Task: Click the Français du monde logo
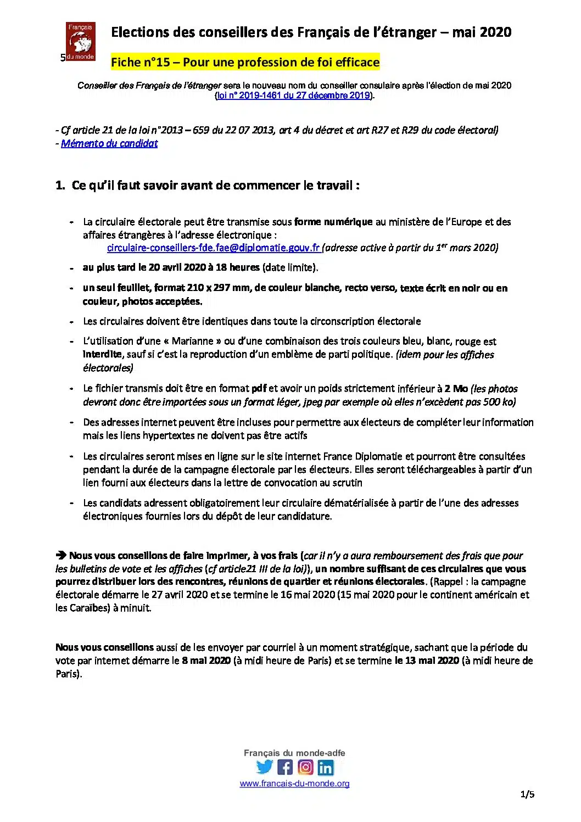pyautogui.click(x=81, y=41)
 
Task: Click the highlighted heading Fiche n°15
pyautogui.click(x=245, y=62)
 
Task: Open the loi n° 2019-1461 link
pyautogui.click(x=294, y=96)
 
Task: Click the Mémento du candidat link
pyautogui.click(x=109, y=143)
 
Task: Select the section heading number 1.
pyautogui.click(x=60, y=186)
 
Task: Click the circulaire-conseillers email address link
pyautogui.click(x=213, y=248)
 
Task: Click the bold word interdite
pyautogui.click(x=102, y=354)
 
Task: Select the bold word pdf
pyautogui.click(x=259, y=388)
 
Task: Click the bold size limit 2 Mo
pyautogui.click(x=456, y=388)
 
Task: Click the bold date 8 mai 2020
pyautogui.click(x=206, y=661)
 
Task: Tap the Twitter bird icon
pyautogui.click(x=264, y=767)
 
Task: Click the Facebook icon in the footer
pyautogui.click(x=285, y=767)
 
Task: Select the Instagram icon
pyautogui.click(x=305, y=767)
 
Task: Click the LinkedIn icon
pyautogui.click(x=326, y=767)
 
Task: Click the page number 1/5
pyautogui.click(x=527, y=794)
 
